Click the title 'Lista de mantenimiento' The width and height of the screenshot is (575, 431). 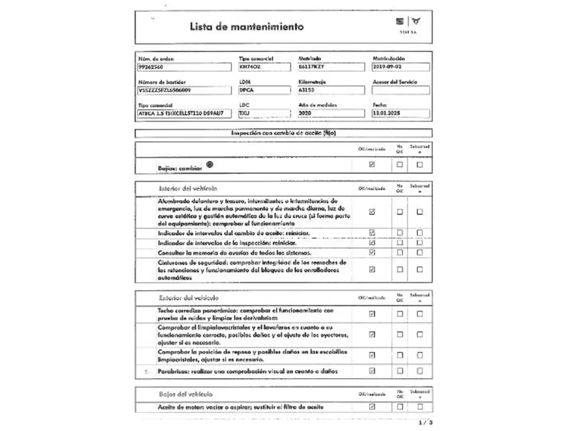pyautogui.click(x=246, y=27)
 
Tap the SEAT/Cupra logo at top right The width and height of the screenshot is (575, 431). pyautogui.click(x=408, y=22)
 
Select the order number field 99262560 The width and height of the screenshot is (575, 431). pyautogui.click(x=184, y=67)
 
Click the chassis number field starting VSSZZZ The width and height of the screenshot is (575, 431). pyautogui.click(x=184, y=90)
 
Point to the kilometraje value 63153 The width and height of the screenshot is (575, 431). pyautogui.click(x=331, y=90)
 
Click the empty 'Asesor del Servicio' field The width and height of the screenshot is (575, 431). pyautogui.click(x=401, y=90)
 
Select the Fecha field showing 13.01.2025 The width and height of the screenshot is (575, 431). pyautogui.click(x=401, y=113)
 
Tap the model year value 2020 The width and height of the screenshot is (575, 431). pyautogui.click(x=331, y=113)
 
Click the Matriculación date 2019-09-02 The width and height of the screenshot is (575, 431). pyautogui.click(x=401, y=67)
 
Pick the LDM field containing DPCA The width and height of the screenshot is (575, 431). pyautogui.click(x=264, y=90)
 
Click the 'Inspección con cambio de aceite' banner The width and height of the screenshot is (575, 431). pyautogui.click(x=284, y=133)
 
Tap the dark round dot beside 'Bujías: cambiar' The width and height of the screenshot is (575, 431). pyautogui.click(x=210, y=164)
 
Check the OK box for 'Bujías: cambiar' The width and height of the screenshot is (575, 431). pyautogui.click(x=372, y=164)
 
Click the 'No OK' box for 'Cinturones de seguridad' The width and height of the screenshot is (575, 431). pyautogui.click(x=400, y=270)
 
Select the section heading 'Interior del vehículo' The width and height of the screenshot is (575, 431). pyautogui.click(x=188, y=188)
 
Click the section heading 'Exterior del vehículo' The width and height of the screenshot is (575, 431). pyautogui.click(x=188, y=298)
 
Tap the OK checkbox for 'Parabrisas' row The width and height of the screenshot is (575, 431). pyautogui.click(x=372, y=371)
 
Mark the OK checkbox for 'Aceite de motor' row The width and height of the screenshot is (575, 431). pyautogui.click(x=372, y=407)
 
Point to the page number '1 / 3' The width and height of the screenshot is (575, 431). pyautogui.click(x=425, y=422)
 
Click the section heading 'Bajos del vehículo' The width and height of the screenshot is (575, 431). pyautogui.click(x=186, y=394)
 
